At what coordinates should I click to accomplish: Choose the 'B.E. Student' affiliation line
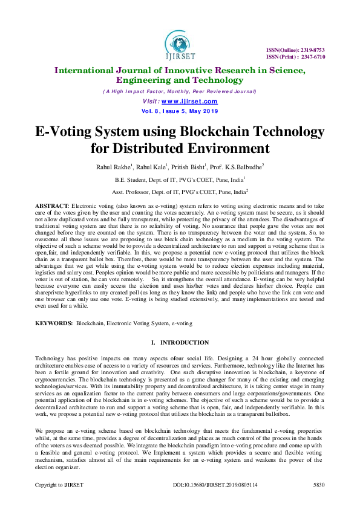point(179,180)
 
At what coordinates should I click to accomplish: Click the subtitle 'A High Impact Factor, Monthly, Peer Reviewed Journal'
point(180,91)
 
